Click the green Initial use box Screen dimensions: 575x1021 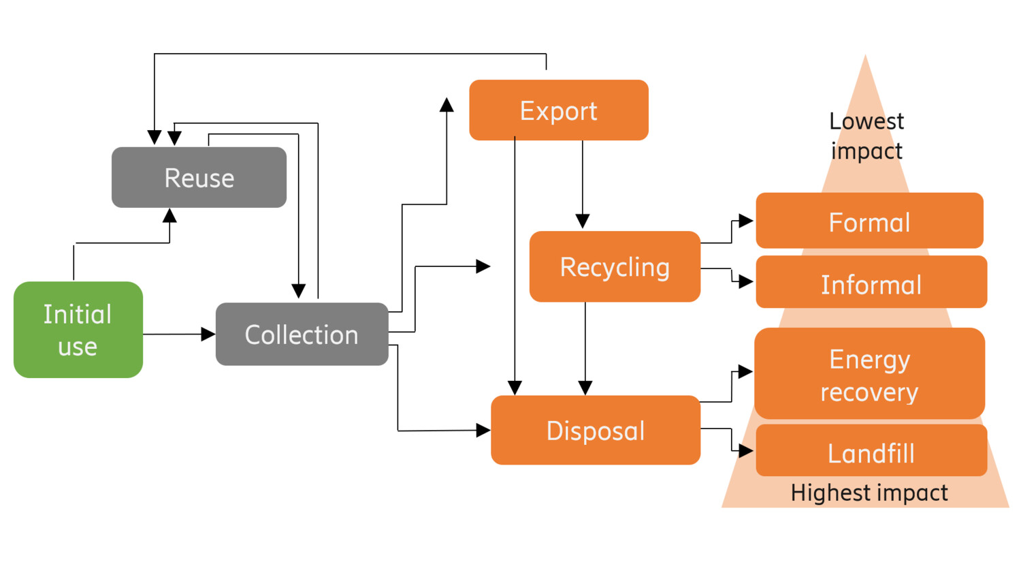click(x=78, y=330)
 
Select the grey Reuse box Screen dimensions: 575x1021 click(x=199, y=178)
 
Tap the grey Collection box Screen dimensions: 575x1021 click(x=302, y=335)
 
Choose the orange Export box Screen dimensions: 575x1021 click(x=558, y=110)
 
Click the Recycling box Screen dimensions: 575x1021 click(x=615, y=267)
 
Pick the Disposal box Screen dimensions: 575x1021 click(x=596, y=431)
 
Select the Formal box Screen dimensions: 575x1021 click(x=869, y=221)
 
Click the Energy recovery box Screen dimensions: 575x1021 click(x=869, y=374)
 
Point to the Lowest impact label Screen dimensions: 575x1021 click(x=866, y=136)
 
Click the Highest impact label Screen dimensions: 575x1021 click(x=869, y=493)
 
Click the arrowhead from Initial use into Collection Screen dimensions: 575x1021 click(x=208, y=334)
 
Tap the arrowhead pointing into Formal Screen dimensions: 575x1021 click(x=746, y=221)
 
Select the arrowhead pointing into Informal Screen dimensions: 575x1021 click(x=746, y=281)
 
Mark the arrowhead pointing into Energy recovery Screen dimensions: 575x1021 click(x=746, y=371)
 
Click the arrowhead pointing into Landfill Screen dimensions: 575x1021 click(x=746, y=450)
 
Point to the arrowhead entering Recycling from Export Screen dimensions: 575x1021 click(x=583, y=221)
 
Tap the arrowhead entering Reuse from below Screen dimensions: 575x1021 click(x=169, y=216)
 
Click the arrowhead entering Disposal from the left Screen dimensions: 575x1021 click(x=483, y=430)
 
